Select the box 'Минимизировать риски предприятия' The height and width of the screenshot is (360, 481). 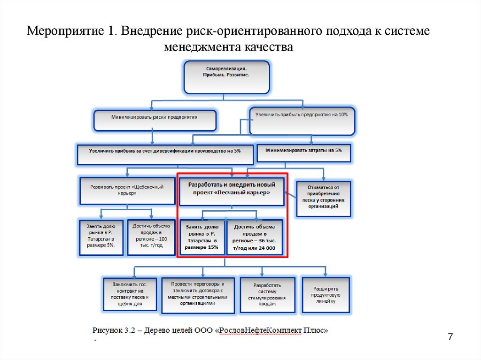coord(155,120)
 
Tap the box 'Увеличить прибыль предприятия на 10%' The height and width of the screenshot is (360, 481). coord(302,121)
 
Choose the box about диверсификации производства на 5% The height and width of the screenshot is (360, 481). coord(165,154)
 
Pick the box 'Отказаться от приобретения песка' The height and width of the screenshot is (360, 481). coord(323,199)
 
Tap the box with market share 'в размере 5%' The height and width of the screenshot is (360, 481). coord(101,237)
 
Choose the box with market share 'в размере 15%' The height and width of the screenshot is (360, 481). coord(202,238)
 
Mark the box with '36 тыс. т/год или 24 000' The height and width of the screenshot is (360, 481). coord(255,238)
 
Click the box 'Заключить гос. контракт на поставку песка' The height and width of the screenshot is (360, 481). coord(130,295)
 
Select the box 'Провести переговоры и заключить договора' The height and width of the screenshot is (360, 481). coord(198,295)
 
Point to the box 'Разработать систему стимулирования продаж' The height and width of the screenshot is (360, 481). coord(267,295)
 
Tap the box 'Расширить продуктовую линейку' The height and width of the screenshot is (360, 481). coord(326,294)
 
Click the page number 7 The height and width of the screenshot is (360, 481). coord(450,337)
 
